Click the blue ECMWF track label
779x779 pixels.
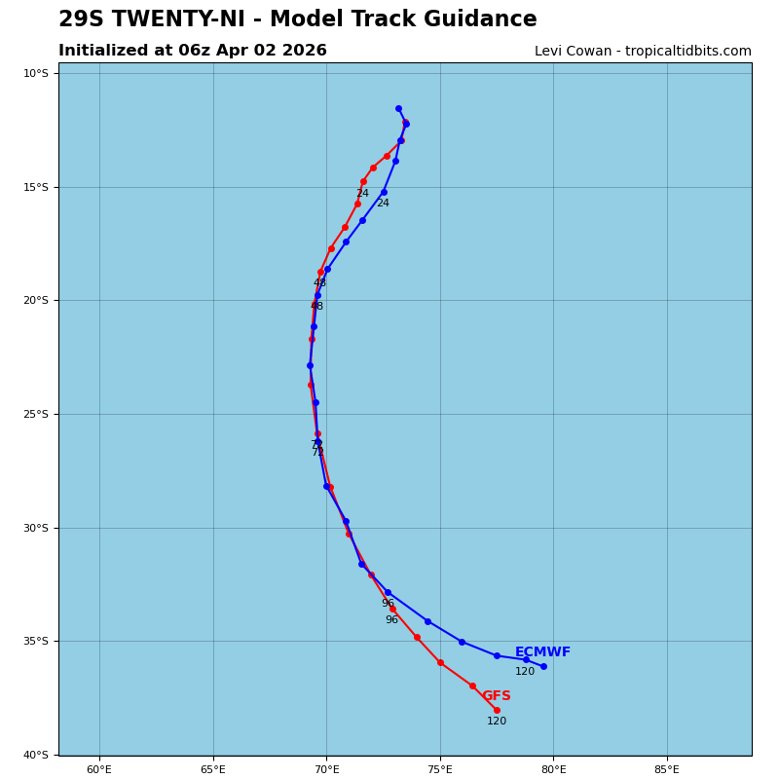[542, 652]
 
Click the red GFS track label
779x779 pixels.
[497, 696]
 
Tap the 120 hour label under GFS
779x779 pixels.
[497, 722]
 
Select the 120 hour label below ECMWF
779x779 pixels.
[525, 672]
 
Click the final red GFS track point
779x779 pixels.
[497, 710]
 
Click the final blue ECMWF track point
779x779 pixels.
[543, 666]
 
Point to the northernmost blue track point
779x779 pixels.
[398, 108]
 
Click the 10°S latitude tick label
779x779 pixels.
[36, 73]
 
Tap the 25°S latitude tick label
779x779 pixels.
[36, 414]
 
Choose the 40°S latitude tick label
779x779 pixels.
[36, 755]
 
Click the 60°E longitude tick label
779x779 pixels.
[99, 770]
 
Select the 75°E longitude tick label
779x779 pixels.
[440, 770]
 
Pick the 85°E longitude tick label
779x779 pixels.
[667, 770]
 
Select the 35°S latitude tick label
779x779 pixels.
[36, 641]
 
